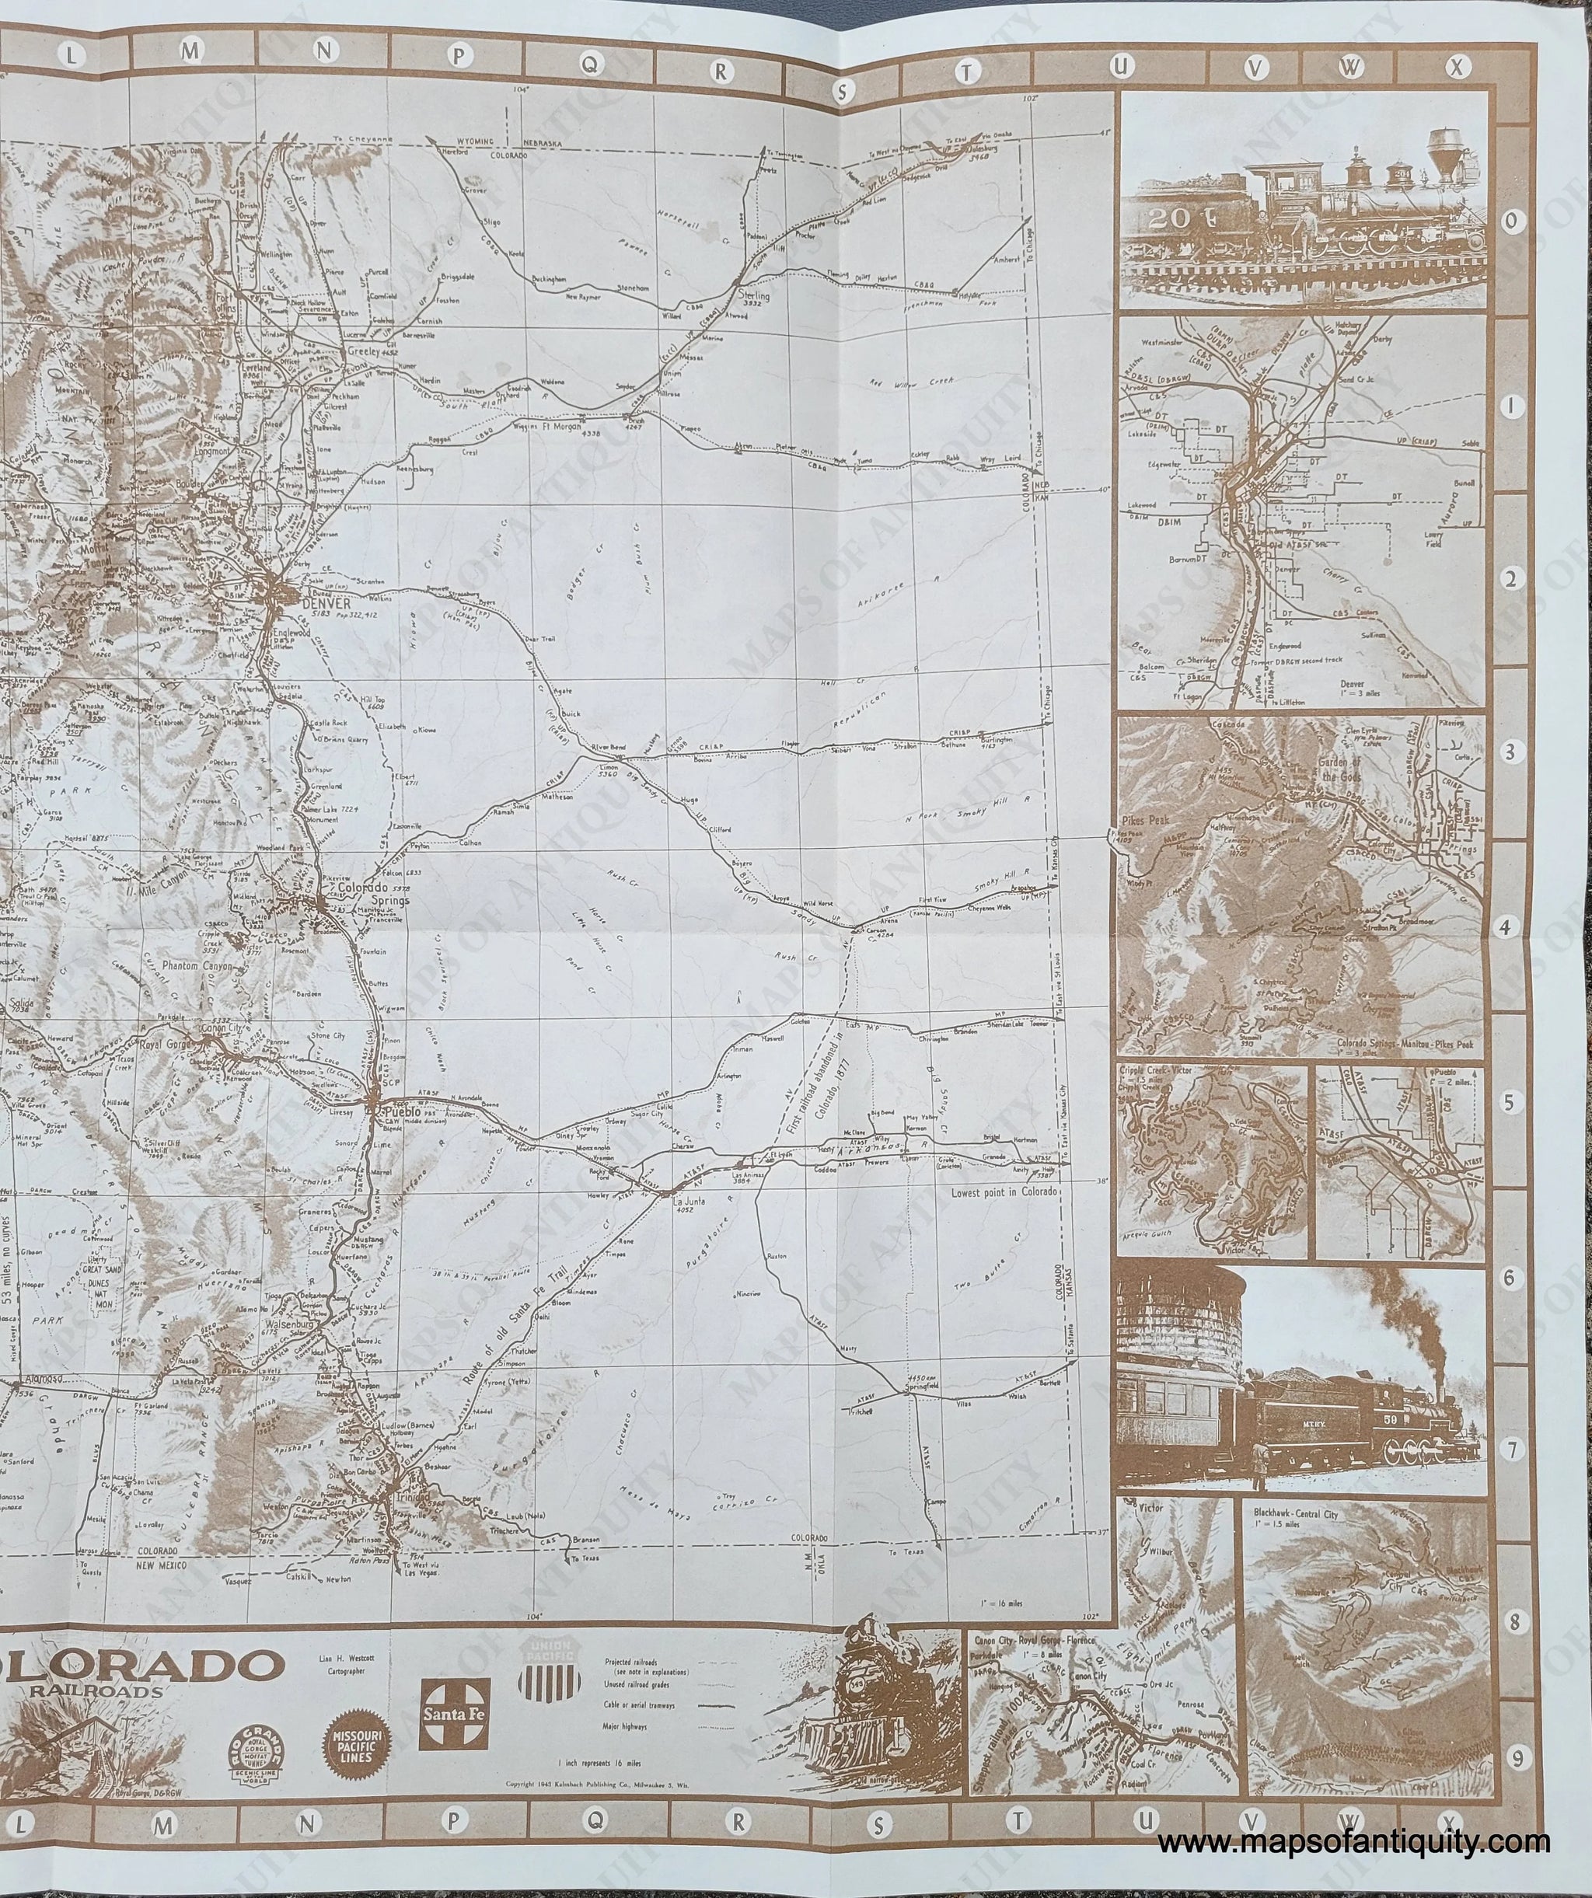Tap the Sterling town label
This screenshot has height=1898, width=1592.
click(754, 295)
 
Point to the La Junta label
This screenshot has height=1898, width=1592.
click(689, 1202)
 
